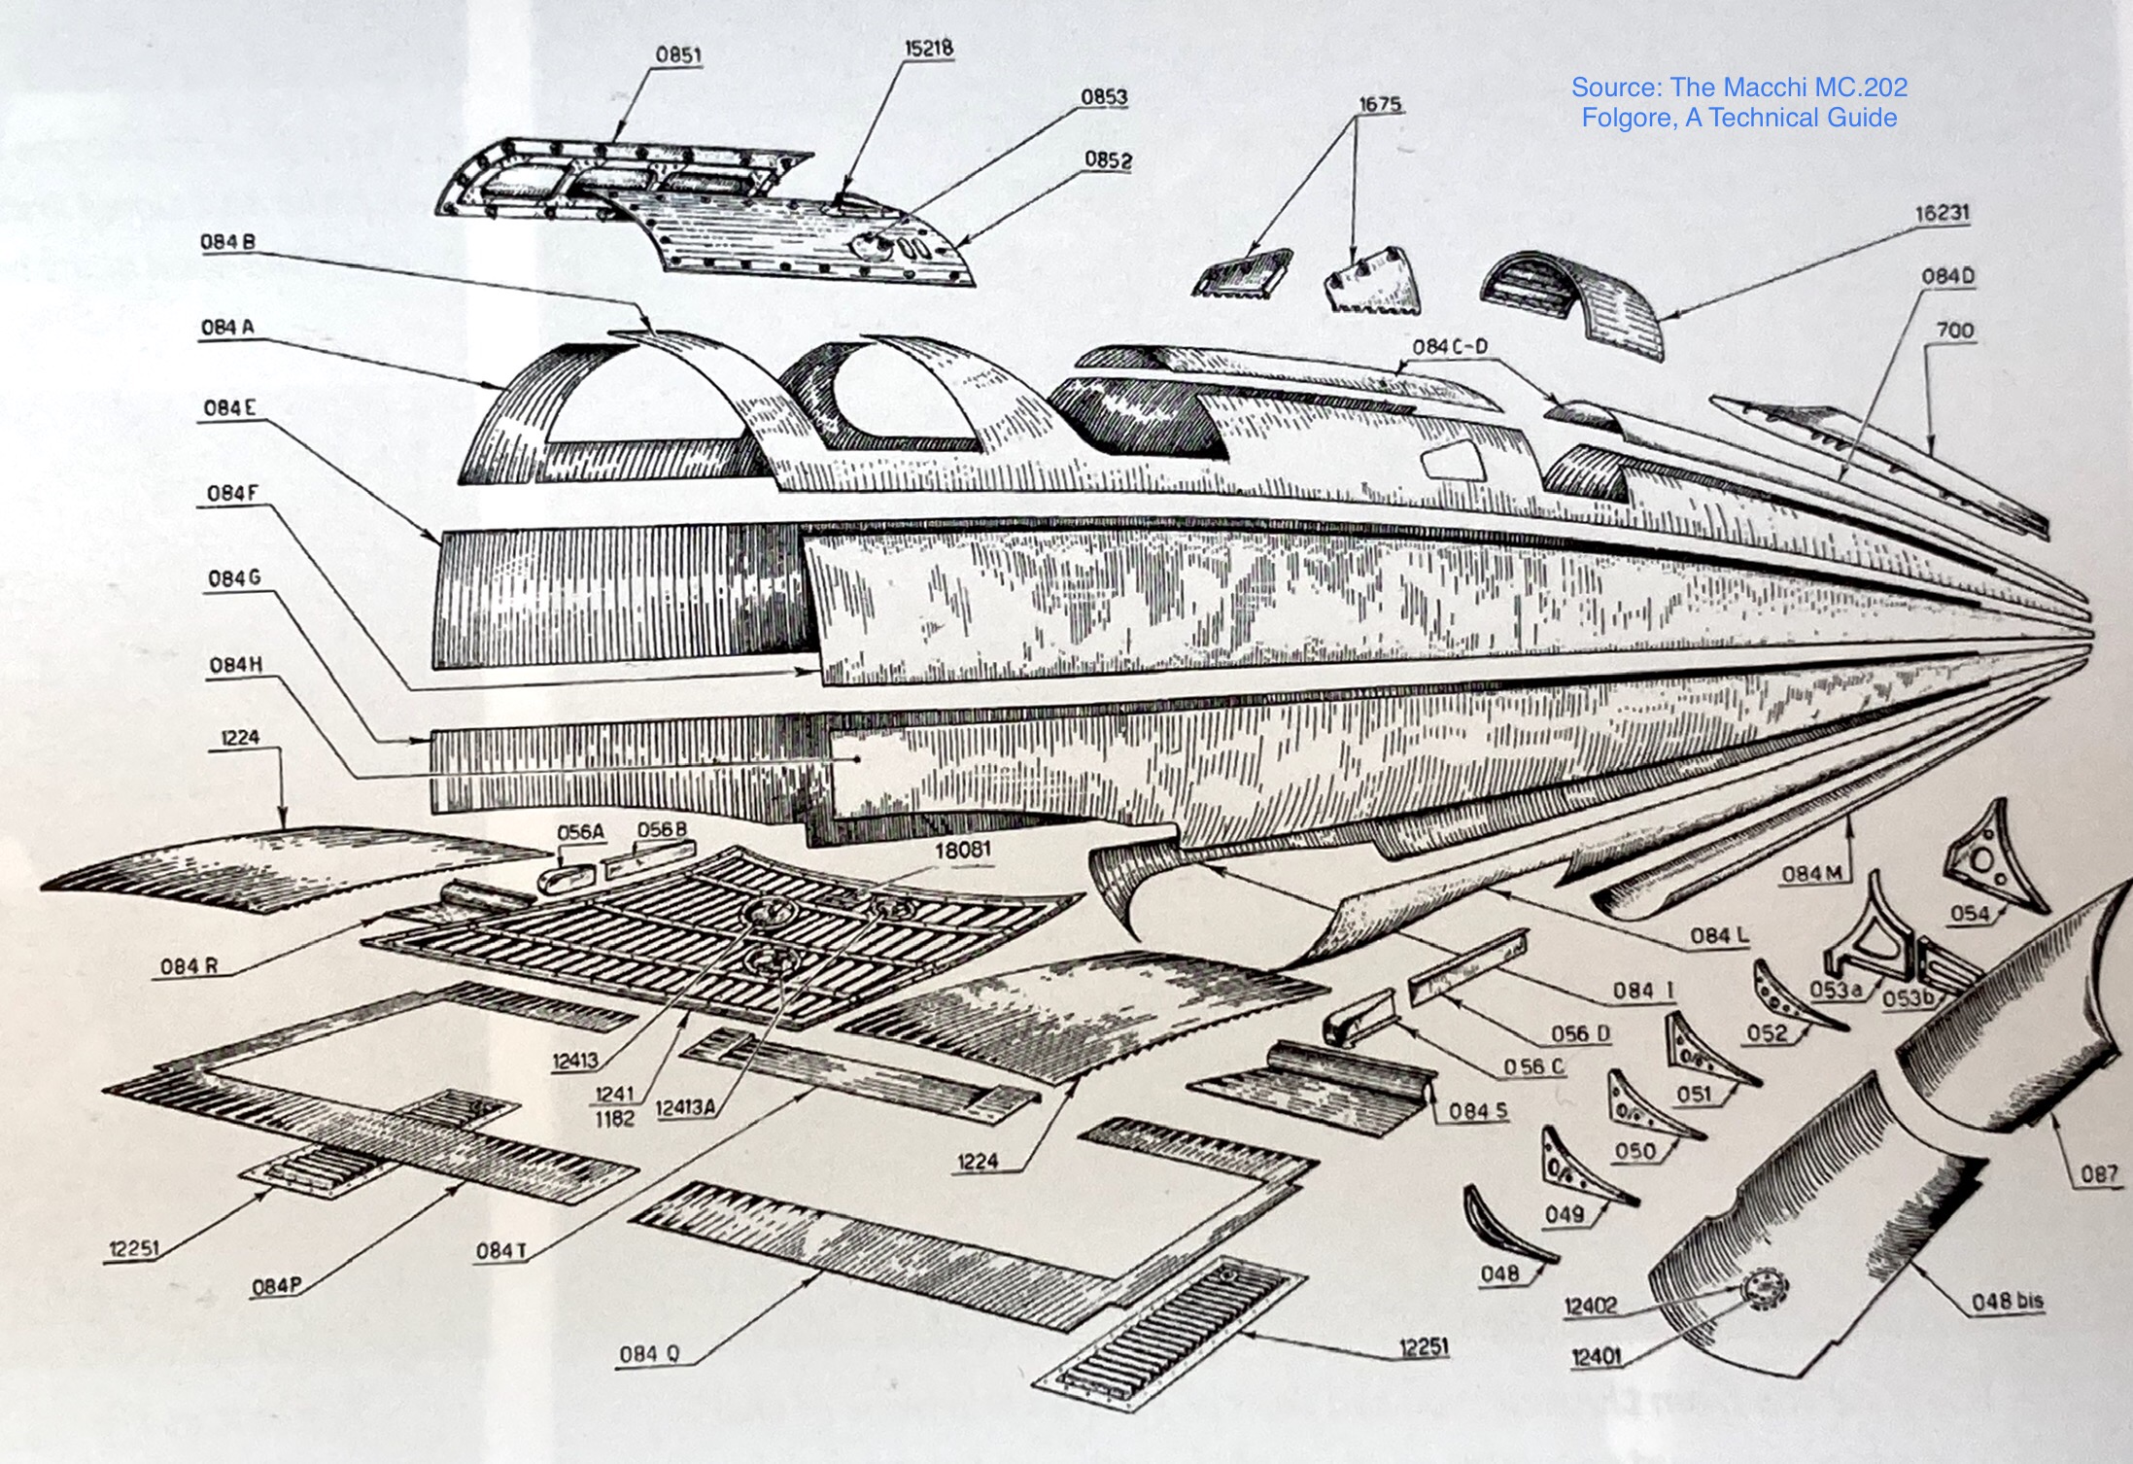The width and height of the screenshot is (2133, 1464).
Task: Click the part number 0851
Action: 677,54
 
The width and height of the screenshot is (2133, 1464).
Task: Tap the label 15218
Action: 928,48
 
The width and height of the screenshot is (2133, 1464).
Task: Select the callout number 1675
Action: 1379,104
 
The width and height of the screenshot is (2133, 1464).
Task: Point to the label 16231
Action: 1942,212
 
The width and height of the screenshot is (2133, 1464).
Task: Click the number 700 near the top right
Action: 1954,331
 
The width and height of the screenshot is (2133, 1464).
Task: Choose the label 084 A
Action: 227,328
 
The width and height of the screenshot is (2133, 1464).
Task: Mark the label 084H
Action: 235,665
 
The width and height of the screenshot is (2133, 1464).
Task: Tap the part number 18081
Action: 962,850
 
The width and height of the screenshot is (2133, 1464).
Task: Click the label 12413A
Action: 686,1107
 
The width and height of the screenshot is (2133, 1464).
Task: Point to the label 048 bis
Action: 2007,1301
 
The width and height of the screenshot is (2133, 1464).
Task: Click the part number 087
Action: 2098,1173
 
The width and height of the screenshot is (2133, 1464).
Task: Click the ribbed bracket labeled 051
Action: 1701,1054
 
